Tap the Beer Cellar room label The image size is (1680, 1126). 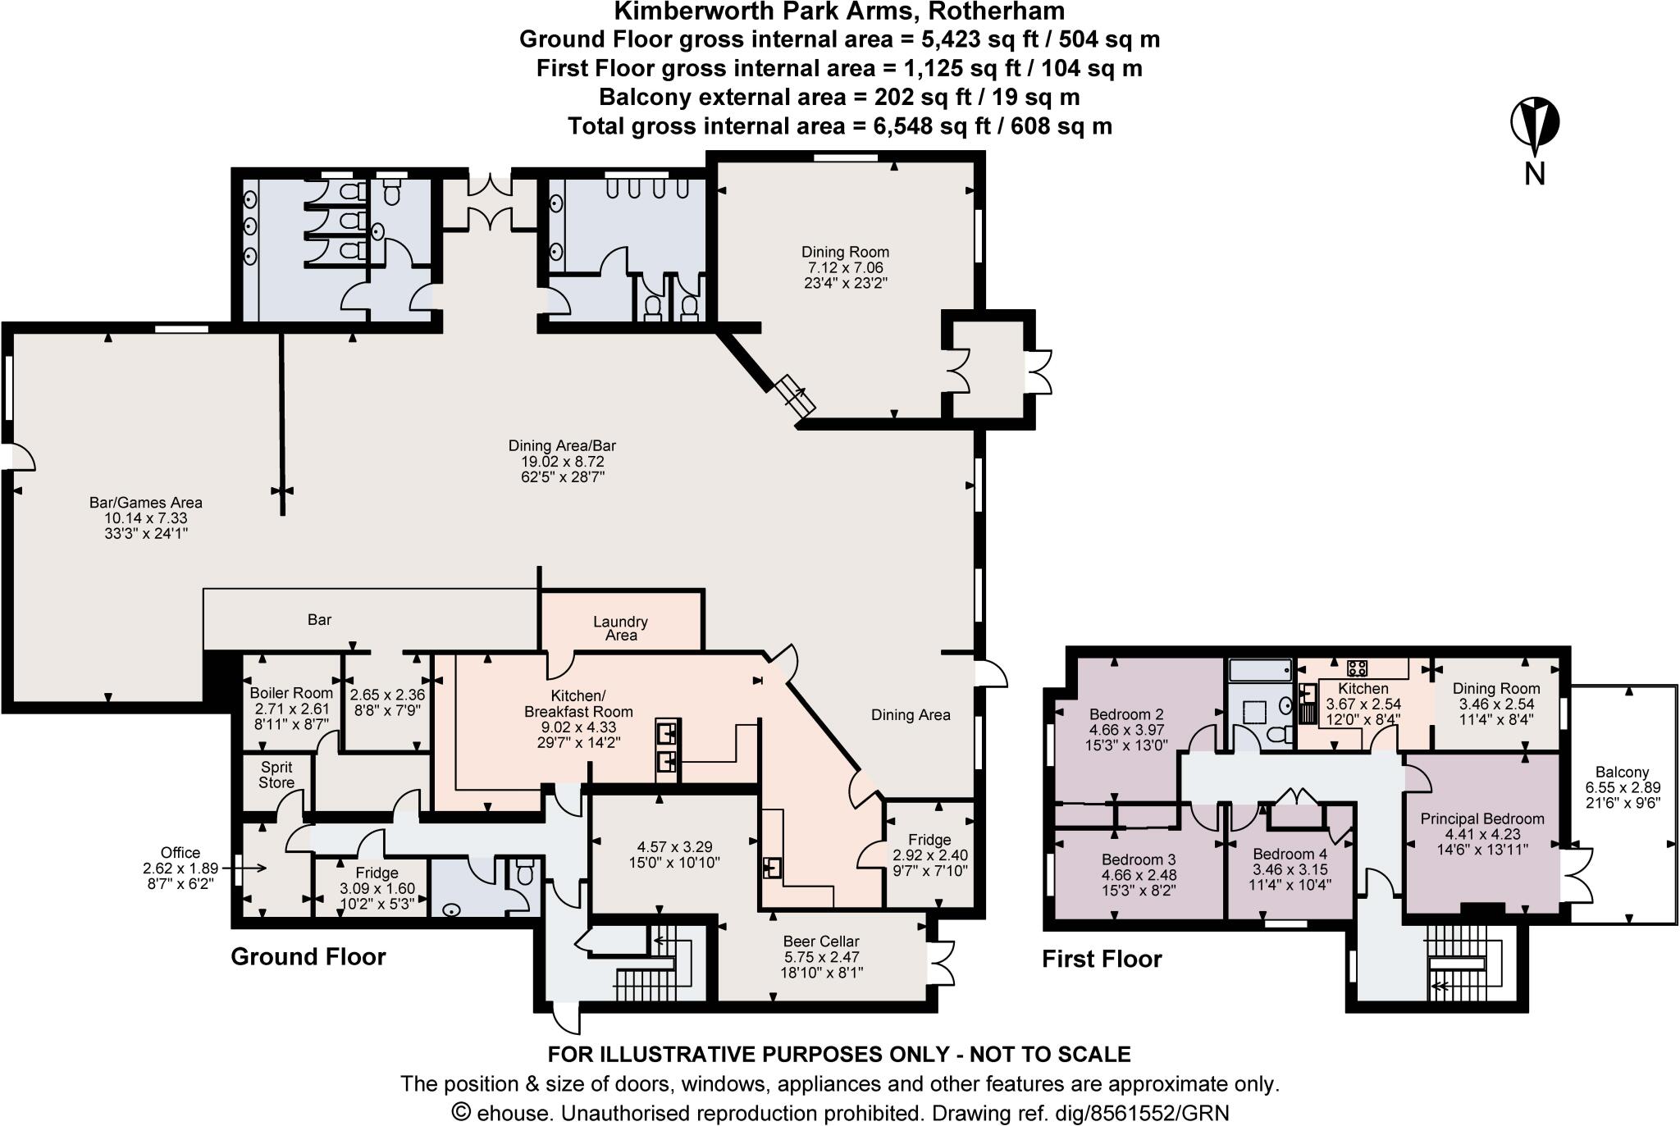click(x=821, y=941)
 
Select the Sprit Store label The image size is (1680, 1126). click(x=276, y=775)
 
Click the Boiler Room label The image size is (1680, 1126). click(x=291, y=693)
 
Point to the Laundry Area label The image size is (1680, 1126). click(x=621, y=628)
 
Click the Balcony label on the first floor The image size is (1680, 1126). click(x=1622, y=772)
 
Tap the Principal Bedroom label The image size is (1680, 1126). click(x=1482, y=818)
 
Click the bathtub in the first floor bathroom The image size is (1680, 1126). click(x=1260, y=670)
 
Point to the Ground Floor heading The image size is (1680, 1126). click(x=308, y=956)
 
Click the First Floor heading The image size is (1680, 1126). click(x=1102, y=959)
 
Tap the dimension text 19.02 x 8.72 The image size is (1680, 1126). click(x=562, y=462)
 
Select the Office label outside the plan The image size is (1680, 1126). click(x=180, y=853)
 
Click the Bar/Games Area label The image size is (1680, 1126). click(x=145, y=503)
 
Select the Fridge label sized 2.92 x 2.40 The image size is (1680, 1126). click(x=929, y=839)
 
